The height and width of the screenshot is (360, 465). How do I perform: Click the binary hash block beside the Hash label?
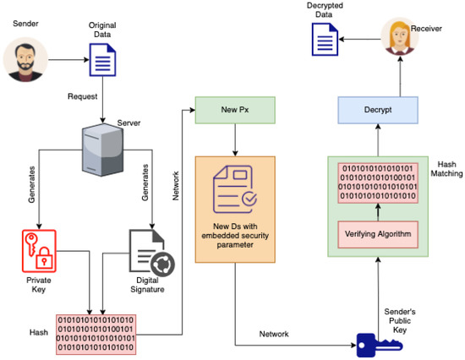coord(96,332)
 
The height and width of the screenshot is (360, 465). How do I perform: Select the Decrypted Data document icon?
coord(325,39)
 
